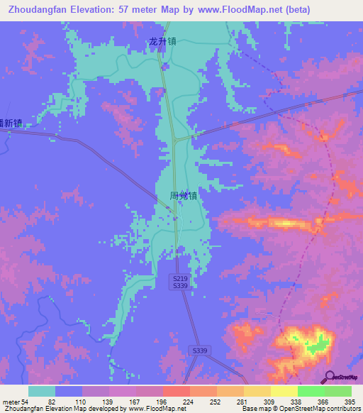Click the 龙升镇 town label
click(162, 42)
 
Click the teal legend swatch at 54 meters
click(42, 391)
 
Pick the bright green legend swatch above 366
click(311, 391)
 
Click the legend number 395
click(350, 402)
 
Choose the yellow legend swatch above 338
click(284, 391)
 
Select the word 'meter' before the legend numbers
click(11, 402)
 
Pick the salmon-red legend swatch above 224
click(176, 391)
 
